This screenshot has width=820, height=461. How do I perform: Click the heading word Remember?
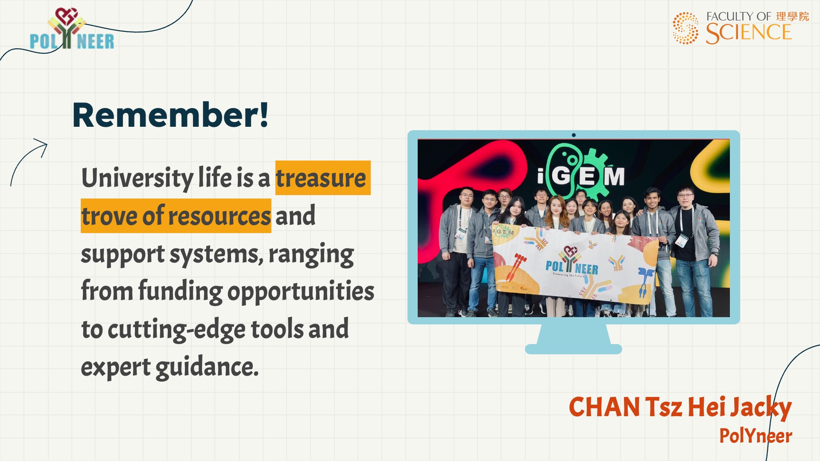(170, 115)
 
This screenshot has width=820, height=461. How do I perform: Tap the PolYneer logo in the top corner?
(72, 29)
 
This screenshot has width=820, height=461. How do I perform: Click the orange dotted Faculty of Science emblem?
(685, 28)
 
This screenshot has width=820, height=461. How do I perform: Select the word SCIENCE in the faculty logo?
(749, 33)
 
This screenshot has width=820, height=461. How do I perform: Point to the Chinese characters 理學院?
(792, 16)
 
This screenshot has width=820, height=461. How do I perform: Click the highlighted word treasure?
(321, 178)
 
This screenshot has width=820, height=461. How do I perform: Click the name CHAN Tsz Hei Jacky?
(680, 407)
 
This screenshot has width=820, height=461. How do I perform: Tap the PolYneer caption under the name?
(756, 436)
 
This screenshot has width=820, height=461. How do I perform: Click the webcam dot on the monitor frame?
(574, 135)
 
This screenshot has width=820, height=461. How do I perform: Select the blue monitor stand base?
(573, 349)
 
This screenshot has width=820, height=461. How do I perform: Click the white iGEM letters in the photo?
(581, 175)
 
